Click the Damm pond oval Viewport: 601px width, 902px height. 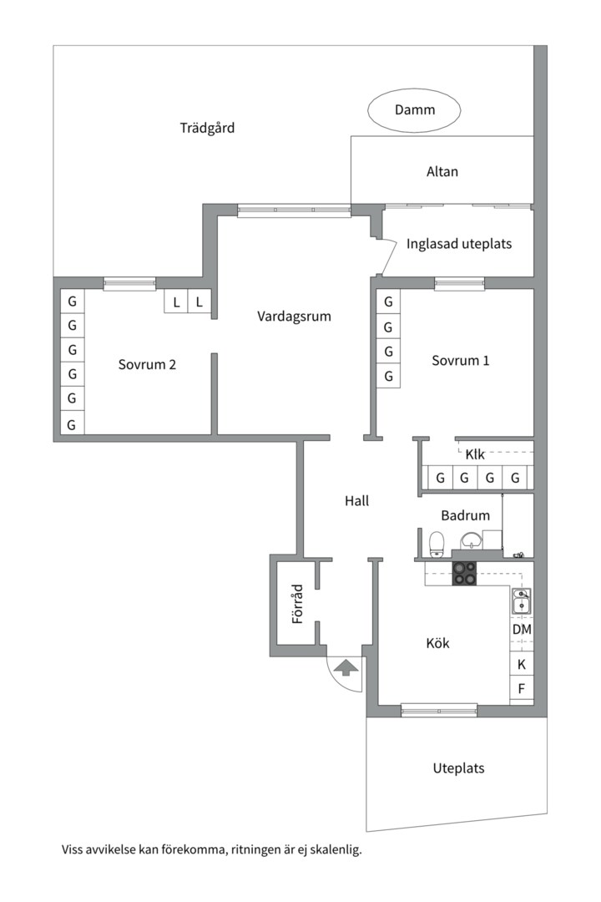click(x=415, y=110)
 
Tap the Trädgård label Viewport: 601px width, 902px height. click(x=207, y=128)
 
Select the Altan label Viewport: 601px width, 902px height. click(x=442, y=172)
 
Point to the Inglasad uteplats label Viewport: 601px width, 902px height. click(x=459, y=245)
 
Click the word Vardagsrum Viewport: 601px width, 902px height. click(x=294, y=317)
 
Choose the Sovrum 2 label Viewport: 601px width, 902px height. click(x=147, y=364)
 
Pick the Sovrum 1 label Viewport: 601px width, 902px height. click(x=460, y=361)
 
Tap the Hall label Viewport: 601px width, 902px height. click(x=356, y=501)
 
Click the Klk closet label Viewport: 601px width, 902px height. click(x=475, y=454)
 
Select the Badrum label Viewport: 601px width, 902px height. click(x=465, y=516)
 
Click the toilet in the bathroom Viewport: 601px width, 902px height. click(x=436, y=545)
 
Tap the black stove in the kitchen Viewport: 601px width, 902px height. click(x=465, y=572)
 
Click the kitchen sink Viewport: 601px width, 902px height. click(x=522, y=600)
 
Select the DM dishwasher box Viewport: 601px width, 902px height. click(x=522, y=629)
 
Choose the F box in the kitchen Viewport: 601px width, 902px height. click(x=522, y=689)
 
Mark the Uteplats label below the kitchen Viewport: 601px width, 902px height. click(x=458, y=768)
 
